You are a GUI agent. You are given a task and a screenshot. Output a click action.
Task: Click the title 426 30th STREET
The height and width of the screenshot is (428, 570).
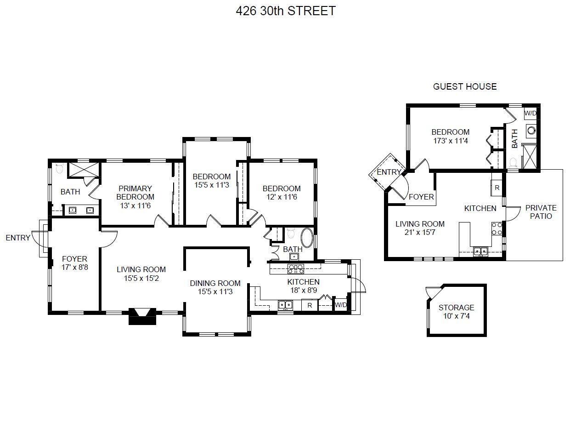click(286, 11)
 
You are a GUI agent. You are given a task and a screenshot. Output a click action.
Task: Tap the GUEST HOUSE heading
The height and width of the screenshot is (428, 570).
click(464, 86)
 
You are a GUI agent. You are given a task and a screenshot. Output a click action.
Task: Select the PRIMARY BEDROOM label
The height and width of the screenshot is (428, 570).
click(135, 193)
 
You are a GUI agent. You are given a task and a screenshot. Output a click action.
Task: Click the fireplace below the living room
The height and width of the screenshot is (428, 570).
click(142, 316)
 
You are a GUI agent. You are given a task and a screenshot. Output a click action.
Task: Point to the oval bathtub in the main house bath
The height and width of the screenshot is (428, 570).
click(307, 238)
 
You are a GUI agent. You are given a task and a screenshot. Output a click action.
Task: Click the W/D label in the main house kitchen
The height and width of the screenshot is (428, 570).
click(341, 305)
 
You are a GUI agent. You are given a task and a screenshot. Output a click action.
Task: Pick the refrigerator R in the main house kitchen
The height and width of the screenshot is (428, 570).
click(310, 305)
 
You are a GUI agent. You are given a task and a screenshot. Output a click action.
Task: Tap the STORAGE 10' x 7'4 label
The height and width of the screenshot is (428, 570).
click(456, 312)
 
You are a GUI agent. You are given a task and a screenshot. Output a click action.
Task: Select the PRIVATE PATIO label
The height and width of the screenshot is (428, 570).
click(541, 212)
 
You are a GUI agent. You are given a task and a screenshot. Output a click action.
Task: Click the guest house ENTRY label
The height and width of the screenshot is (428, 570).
click(389, 172)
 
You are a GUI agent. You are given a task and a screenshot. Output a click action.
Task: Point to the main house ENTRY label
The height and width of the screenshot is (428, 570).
click(18, 238)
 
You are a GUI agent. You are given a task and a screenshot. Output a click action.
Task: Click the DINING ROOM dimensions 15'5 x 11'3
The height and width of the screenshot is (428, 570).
click(215, 292)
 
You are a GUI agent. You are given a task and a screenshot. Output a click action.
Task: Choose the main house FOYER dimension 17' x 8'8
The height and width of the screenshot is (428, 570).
click(75, 267)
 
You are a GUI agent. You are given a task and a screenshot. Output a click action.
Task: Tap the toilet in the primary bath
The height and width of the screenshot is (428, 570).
click(59, 168)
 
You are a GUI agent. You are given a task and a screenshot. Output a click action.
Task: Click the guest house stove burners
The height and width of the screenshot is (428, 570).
click(497, 228)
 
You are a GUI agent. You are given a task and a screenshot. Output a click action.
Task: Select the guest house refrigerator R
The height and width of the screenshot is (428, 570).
click(497, 188)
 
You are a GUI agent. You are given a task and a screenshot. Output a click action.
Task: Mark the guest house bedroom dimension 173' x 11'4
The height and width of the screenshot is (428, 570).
click(451, 141)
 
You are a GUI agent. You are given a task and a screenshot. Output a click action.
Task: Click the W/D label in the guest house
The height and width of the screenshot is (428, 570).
click(530, 113)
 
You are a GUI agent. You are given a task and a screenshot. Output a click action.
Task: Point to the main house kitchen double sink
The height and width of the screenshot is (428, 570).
click(285, 305)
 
